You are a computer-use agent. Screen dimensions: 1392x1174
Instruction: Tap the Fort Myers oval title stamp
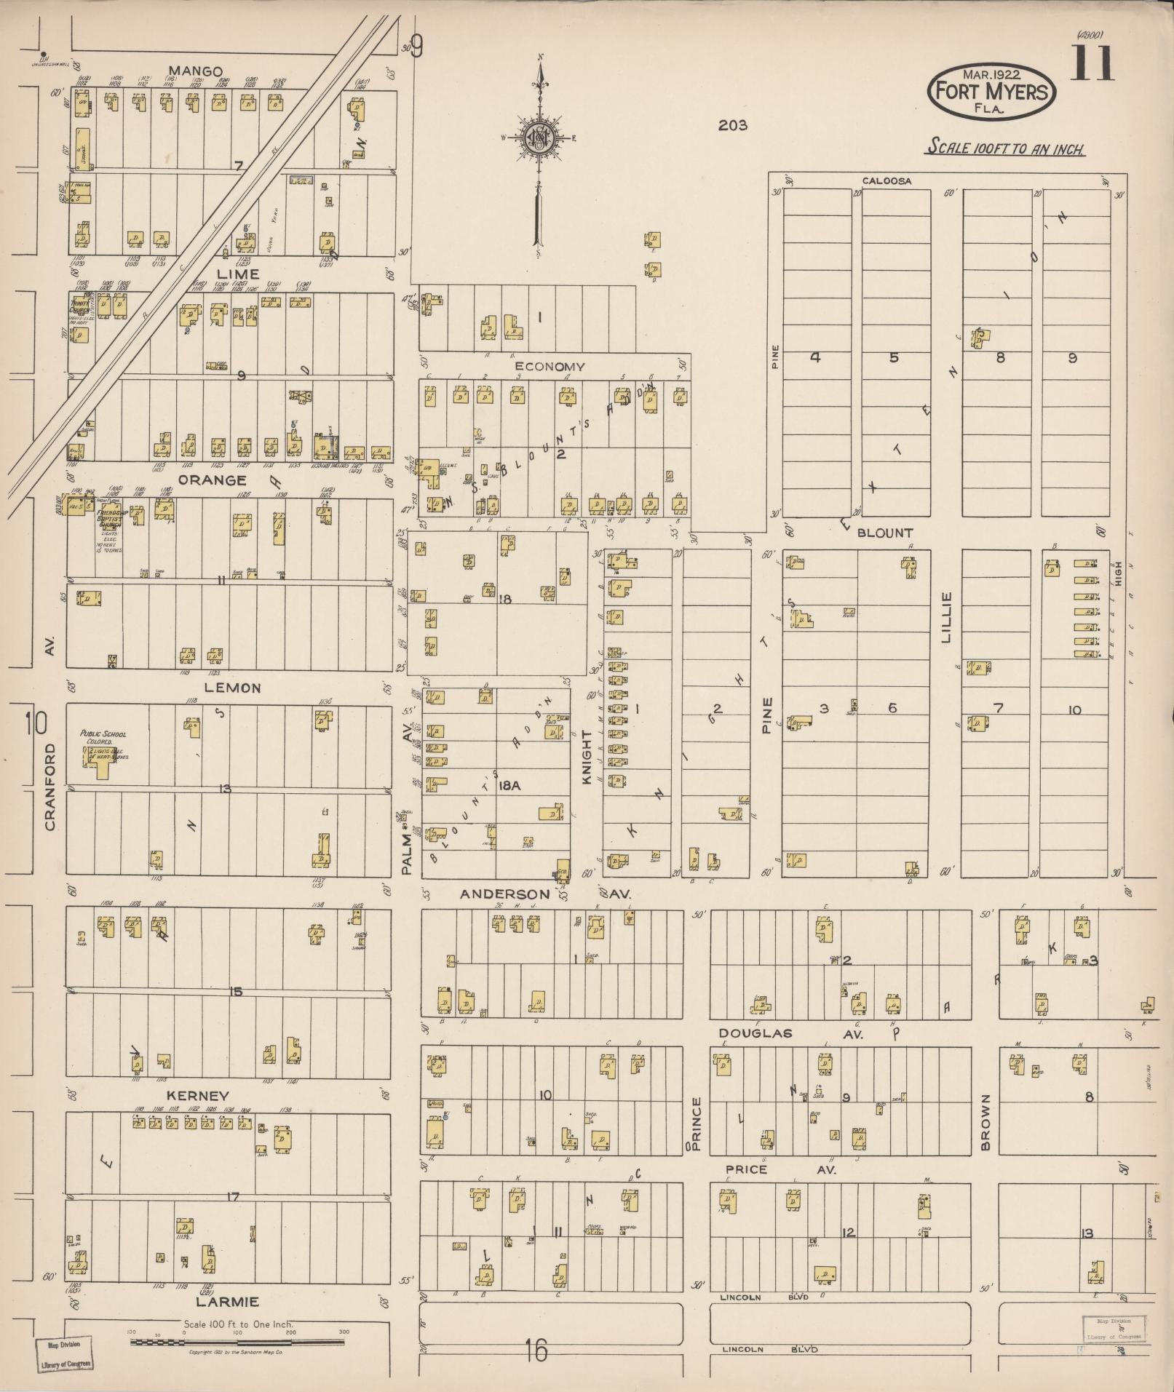point(991,92)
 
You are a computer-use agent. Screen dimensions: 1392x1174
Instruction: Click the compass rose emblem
point(540,138)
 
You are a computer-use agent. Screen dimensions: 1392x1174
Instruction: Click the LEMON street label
point(232,688)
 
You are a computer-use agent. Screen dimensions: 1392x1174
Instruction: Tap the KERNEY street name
point(197,1096)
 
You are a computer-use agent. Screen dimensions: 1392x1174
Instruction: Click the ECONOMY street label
point(550,367)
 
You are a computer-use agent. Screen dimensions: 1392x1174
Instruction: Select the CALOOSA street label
point(887,180)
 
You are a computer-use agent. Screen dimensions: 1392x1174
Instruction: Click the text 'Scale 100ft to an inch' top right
point(1005,148)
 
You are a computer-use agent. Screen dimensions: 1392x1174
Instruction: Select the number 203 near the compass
point(732,125)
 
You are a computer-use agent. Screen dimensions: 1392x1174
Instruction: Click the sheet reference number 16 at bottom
point(536,1352)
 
